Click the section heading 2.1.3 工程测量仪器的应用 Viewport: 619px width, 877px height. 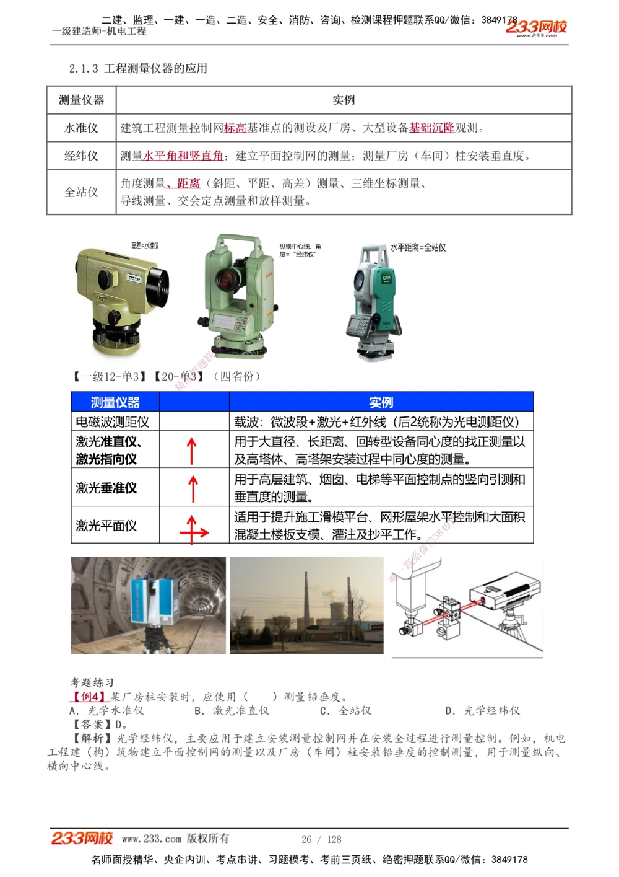point(138,68)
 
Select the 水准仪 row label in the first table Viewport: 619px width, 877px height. point(81,128)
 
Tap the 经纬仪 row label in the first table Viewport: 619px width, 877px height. point(81,156)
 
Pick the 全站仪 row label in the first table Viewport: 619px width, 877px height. point(81,192)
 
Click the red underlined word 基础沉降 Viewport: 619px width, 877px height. point(431,128)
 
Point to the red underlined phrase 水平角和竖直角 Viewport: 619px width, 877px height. point(183,156)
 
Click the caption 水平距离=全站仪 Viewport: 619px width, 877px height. point(418,247)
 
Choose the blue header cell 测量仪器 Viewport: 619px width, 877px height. point(115,402)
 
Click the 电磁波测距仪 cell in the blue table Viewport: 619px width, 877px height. point(113,422)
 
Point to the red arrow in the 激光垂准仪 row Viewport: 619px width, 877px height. point(193,488)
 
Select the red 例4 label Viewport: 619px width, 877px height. point(90,697)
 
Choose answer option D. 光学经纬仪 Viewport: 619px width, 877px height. point(482,711)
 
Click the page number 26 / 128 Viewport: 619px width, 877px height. point(321,839)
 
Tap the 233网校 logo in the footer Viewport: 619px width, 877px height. point(82,839)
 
